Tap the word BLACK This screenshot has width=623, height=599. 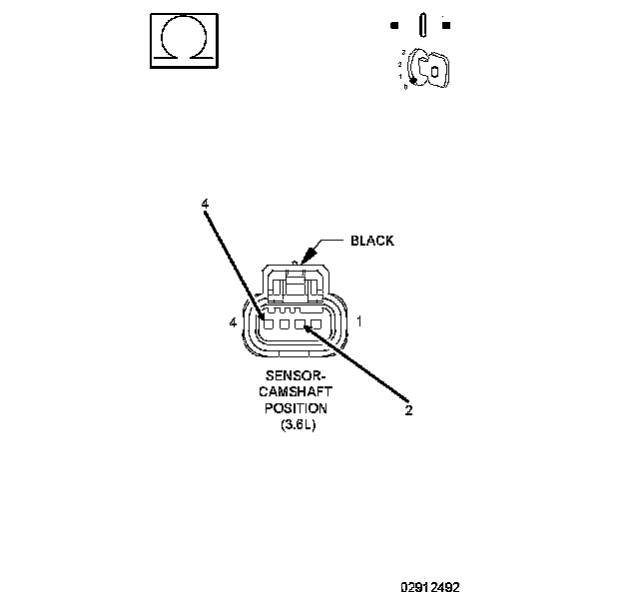[x=371, y=241]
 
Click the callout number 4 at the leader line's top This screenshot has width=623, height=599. [x=205, y=204]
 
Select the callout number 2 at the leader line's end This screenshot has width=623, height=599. [x=408, y=409]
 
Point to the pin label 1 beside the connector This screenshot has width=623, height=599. [x=358, y=322]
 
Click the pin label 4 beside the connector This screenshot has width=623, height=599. [x=233, y=322]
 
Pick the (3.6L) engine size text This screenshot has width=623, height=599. [x=296, y=425]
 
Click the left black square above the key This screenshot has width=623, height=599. [x=395, y=24]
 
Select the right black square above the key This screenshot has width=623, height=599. [x=446, y=24]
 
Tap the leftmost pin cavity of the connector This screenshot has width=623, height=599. [x=269, y=322]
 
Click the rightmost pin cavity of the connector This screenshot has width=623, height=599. [x=315, y=323]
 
